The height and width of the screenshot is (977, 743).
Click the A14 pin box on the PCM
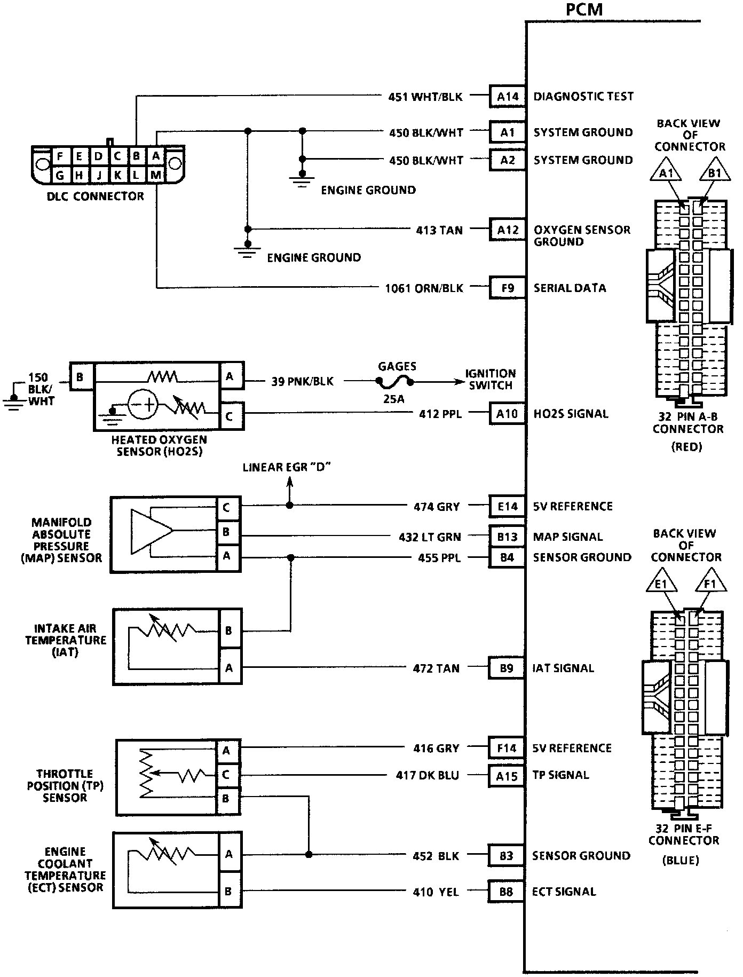tap(508, 97)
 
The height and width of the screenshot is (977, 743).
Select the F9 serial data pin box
tap(508, 288)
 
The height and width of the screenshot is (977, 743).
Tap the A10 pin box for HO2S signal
tap(507, 414)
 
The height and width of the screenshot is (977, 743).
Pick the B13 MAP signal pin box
tap(507, 537)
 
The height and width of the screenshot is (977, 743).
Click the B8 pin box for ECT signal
tap(506, 892)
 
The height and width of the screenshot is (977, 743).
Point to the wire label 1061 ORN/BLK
tap(424, 288)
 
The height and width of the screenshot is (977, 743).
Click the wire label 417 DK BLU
tap(428, 775)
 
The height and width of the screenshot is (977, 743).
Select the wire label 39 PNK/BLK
tap(302, 382)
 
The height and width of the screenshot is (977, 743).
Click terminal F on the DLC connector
tap(60, 156)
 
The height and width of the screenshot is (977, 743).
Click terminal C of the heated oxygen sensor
tap(230, 416)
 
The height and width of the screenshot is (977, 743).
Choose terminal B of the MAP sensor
tap(226, 532)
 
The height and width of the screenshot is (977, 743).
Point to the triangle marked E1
tap(661, 585)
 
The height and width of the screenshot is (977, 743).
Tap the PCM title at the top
tap(586, 10)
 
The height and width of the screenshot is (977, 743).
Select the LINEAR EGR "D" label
tap(287, 468)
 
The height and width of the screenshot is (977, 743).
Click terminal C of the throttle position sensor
tap(226, 775)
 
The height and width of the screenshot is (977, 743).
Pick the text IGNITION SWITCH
tap(490, 380)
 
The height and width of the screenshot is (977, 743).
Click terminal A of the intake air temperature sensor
tap(229, 668)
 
